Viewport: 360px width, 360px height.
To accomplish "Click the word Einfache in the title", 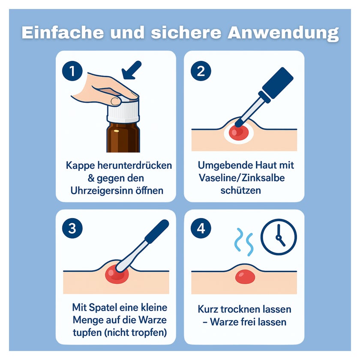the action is [63, 33].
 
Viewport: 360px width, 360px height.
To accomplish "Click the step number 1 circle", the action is [72, 71].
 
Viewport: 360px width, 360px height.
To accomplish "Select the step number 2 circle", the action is [201, 71].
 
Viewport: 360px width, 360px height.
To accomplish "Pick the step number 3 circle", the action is [72, 228].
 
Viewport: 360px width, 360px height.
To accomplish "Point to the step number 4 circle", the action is [201, 228].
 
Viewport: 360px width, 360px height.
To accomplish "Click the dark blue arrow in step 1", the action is [131, 70].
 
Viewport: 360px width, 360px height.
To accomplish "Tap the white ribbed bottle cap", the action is [123, 110].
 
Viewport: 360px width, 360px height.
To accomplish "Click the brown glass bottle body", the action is [123, 137].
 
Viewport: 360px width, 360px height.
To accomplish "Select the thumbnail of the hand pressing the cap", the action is [116, 101].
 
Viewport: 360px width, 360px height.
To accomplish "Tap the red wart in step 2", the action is [238, 133].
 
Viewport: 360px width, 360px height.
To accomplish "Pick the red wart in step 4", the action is [245, 277].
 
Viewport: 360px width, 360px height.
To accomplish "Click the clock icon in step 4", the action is [279, 237].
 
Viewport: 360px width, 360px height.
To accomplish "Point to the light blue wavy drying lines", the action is [244, 242].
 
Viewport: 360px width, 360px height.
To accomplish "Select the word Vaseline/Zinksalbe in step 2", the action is [242, 178].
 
